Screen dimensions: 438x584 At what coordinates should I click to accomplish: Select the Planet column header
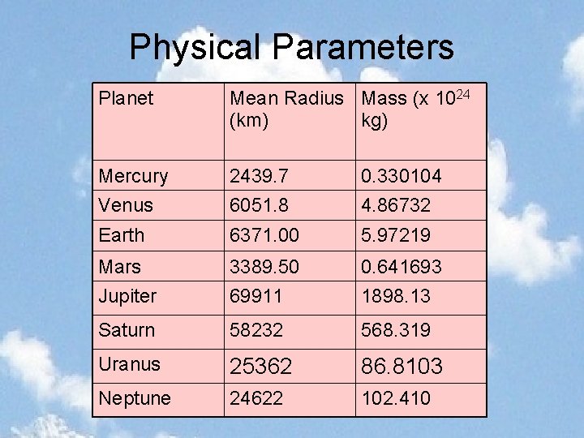[x=126, y=99]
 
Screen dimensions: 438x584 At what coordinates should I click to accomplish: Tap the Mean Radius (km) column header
[x=286, y=109]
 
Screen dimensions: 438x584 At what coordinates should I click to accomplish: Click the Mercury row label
[x=133, y=176]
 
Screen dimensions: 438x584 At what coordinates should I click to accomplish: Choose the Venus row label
[x=126, y=205]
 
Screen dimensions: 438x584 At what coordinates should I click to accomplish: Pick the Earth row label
[x=121, y=235]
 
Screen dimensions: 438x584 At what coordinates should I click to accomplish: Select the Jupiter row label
[x=127, y=296]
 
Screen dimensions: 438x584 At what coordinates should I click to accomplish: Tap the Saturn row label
[x=127, y=330]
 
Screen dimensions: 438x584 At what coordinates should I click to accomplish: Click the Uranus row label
[x=129, y=364]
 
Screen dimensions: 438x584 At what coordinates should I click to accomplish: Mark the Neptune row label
[x=135, y=398]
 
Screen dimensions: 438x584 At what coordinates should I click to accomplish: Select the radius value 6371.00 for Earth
[x=264, y=235]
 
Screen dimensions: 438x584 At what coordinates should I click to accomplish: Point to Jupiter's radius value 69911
[x=255, y=296]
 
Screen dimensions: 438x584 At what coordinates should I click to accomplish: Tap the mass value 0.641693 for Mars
[x=401, y=266]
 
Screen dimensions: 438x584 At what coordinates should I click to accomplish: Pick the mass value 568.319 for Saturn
[x=396, y=330]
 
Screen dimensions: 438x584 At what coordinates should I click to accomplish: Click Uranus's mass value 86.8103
[x=401, y=366]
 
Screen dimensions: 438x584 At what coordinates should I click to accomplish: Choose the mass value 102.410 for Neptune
[x=396, y=398]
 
